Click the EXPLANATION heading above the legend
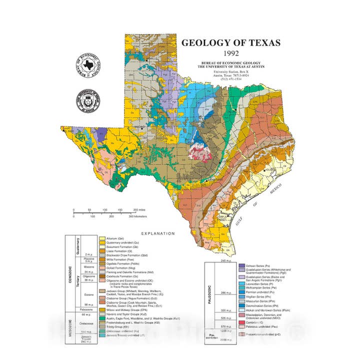tap(158, 233)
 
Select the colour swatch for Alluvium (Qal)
tap(102, 239)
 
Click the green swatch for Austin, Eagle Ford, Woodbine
tap(102, 318)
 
